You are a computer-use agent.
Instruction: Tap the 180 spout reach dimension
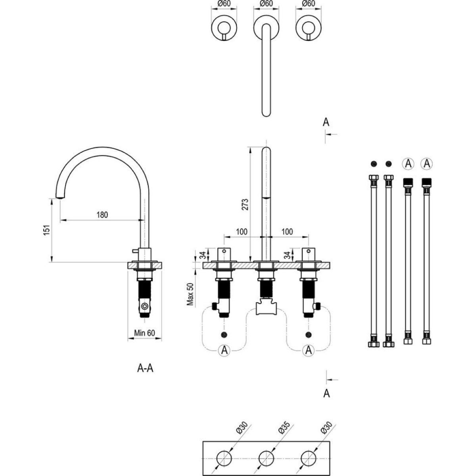tap(102, 215)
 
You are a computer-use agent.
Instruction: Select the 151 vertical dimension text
tap(47, 230)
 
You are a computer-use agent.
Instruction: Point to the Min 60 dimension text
tap(144, 333)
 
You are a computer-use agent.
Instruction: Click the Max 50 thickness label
tap(191, 294)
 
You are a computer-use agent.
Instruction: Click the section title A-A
tap(145, 369)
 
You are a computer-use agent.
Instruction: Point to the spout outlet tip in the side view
tap(59, 197)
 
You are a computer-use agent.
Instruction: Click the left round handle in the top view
tap(224, 28)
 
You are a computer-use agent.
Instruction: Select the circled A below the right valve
tap(308, 350)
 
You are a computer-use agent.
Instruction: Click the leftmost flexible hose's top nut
tap(373, 178)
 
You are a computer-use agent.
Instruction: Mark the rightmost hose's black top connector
tap(426, 182)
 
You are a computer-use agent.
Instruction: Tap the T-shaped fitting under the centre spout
tap(266, 307)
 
